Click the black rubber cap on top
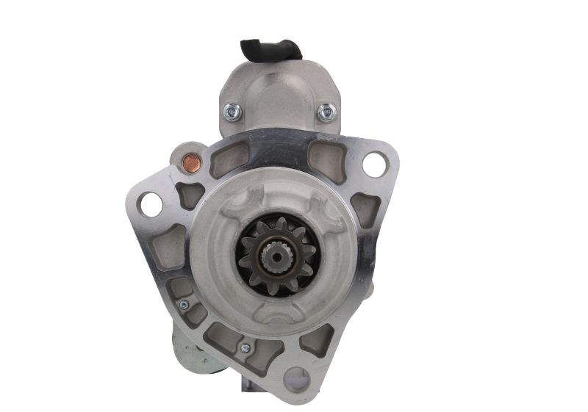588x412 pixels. pyautogui.click(x=270, y=48)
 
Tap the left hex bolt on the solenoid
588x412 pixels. pyautogui.click(x=232, y=112)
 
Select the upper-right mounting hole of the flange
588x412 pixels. pyautogui.click(x=373, y=165)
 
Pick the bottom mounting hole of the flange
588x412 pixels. pyautogui.click(x=297, y=380)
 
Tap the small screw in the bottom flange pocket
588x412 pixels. pyautogui.click(x=245, y=348)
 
